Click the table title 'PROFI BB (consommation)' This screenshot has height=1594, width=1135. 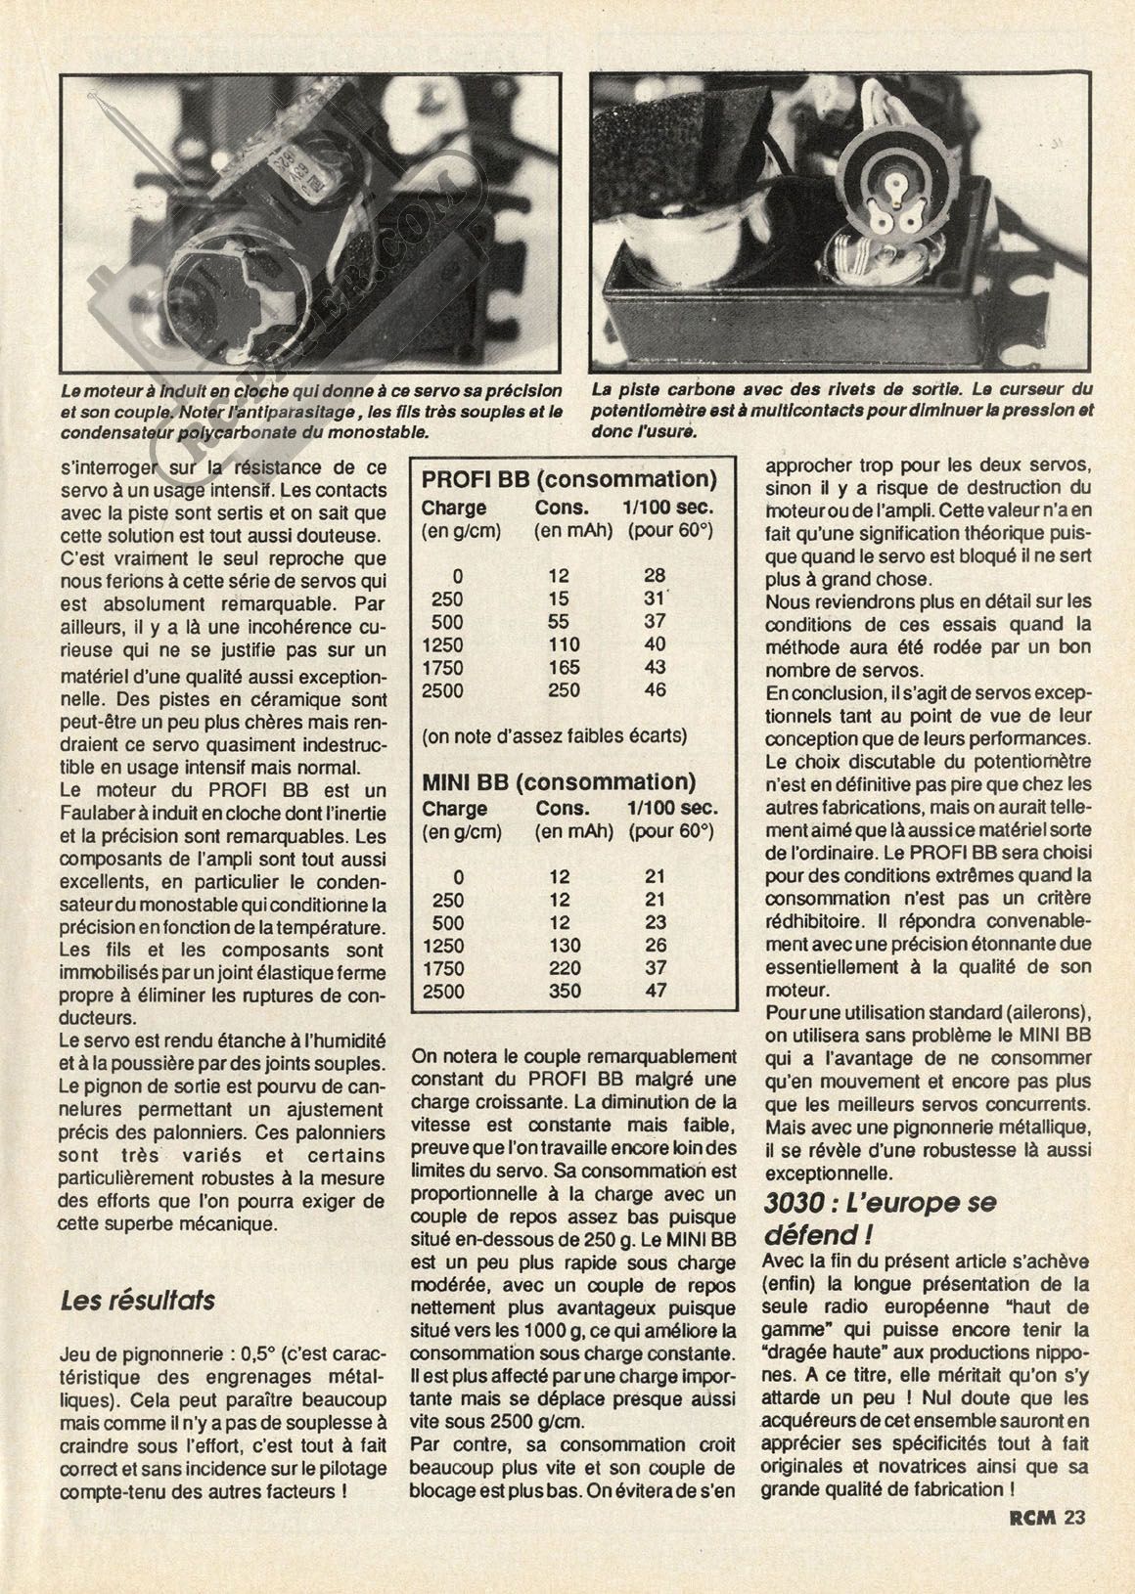(x=568, y=480)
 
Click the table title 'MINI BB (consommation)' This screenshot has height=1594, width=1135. (x=559, y=781)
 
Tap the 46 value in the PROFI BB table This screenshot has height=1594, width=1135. (x=655, y=690)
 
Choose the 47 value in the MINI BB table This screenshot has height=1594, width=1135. (x=655, y=992)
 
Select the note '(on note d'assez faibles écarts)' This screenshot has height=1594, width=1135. (x=555, y=736)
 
